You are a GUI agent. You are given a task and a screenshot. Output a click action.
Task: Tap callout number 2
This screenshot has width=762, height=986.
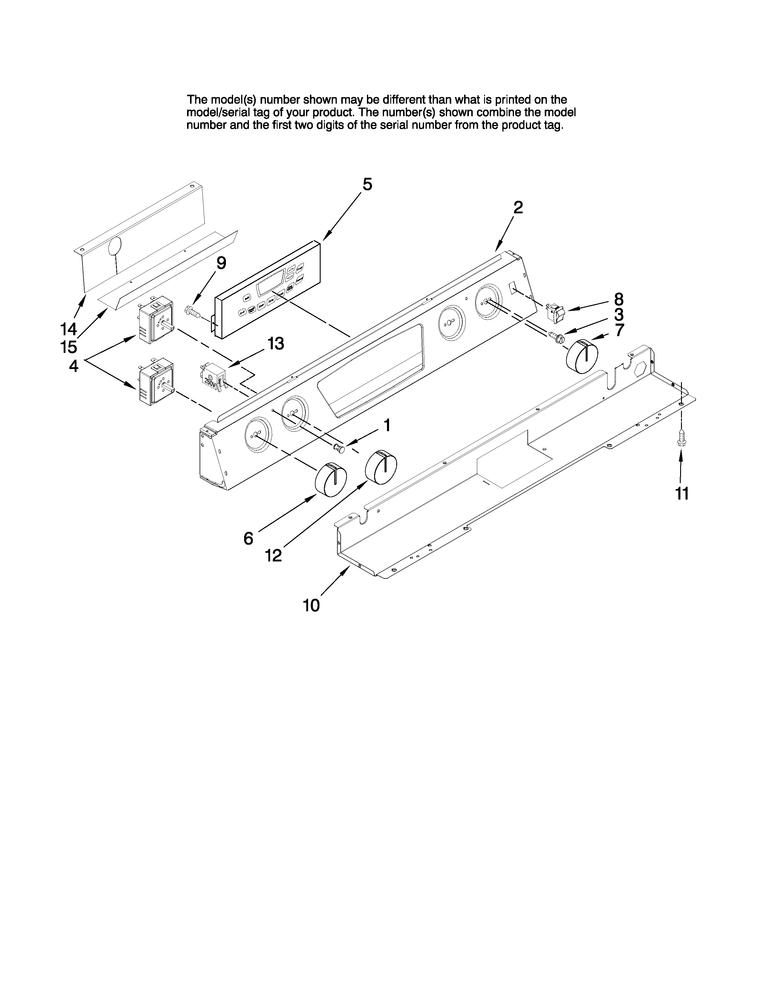point(518,207)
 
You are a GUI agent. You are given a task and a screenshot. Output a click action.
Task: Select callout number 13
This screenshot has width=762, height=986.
point(276,344)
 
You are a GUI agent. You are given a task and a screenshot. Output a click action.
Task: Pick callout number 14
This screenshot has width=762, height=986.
point(69,328)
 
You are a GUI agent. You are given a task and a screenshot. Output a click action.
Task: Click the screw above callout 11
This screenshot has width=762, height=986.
point(681,438)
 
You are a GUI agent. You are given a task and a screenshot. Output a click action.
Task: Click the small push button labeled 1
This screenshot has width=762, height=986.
point(339,448)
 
